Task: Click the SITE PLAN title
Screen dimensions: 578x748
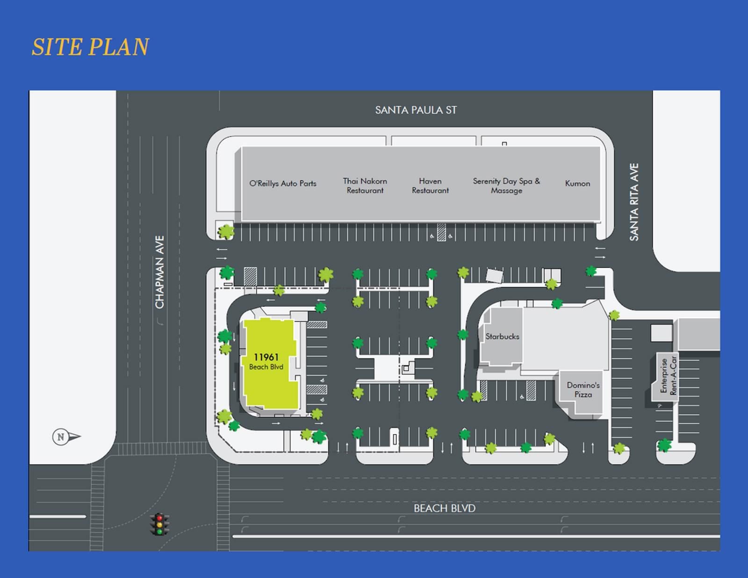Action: click(90, 47)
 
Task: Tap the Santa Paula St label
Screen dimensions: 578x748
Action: click(416, 110)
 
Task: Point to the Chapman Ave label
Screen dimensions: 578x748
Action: click(160, 272)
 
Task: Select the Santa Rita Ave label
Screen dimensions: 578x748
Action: click(634, 202)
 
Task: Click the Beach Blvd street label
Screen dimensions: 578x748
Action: click(444, 508)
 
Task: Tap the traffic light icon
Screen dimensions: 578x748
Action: click(159, 524)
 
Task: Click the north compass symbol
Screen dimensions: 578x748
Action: click(66, 437)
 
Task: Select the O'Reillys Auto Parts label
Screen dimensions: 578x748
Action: click(283, 184)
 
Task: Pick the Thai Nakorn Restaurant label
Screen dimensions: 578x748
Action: click(365, 186)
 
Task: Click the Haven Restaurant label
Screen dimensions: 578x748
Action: click(430, 186)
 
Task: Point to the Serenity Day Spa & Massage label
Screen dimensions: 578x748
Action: click(506, 186)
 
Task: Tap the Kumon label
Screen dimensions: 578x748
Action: click(577, 184)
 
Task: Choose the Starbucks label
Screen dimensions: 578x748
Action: click(502, 337)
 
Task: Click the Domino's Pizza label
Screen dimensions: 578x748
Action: click(583, 390)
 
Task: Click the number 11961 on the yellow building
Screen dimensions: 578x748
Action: click(266, 357)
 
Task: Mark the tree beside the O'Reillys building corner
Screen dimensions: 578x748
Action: click(226, 231)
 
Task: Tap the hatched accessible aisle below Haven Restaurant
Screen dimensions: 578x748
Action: click(441, 232)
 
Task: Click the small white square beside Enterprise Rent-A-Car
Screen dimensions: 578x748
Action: click(662, 333)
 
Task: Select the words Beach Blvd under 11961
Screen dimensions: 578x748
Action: click(266, 367)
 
